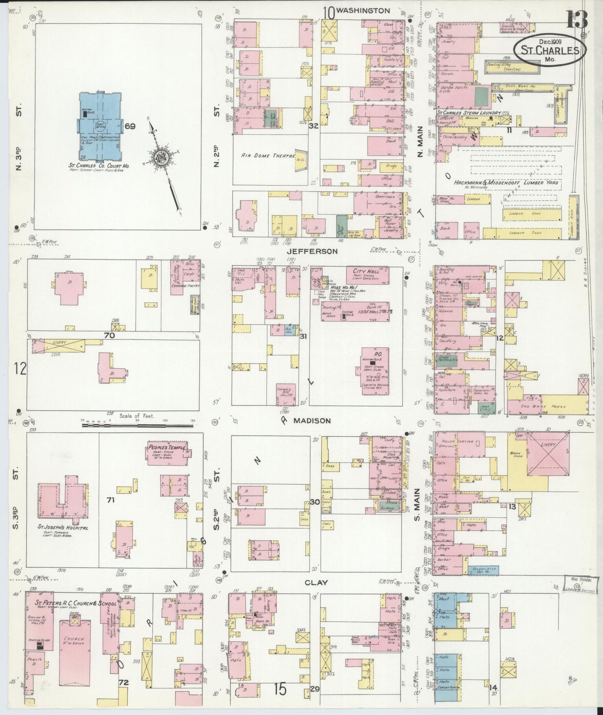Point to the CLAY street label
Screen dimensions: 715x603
click(x=316, y=582)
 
